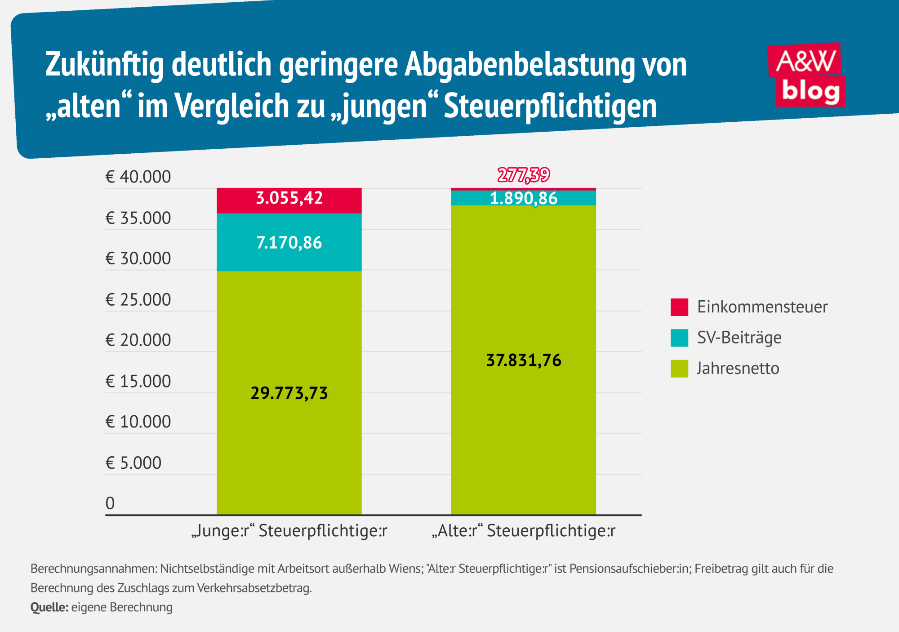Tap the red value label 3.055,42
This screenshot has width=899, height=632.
(289, 198)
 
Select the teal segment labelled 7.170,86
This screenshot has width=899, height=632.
(289, 243)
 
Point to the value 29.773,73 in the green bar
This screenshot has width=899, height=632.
(289, 393)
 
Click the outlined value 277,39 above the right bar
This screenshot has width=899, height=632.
(524, 175)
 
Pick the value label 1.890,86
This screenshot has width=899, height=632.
(524, 198)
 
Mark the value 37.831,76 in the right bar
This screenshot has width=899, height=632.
(524, 361)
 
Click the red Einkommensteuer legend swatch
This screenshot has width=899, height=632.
(679, 307)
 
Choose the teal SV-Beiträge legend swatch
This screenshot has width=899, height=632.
(679, 338)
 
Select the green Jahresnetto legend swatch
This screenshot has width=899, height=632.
(679, 369)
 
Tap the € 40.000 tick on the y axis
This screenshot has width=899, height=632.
(138, 177)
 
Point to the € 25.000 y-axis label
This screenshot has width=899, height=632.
(138, 300)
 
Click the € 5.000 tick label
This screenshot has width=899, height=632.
(134, 463)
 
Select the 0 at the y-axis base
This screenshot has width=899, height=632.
(110, 503)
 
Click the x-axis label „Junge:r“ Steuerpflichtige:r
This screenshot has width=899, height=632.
(289, 531)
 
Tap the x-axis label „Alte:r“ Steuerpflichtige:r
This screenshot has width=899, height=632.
(524, 531)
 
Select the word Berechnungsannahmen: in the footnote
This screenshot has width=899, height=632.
(93, 569)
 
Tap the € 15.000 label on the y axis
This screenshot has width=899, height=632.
(138, 382)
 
